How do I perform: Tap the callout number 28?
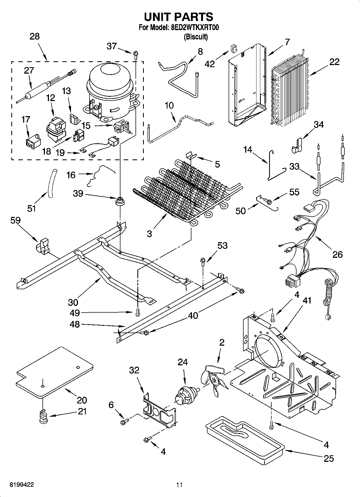tap(34, 36)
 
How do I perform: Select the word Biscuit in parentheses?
tap(195, 37)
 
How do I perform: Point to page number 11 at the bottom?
tap(179, 485)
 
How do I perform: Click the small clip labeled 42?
tap(233, 49)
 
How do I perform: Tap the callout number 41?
tap(307, 300)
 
